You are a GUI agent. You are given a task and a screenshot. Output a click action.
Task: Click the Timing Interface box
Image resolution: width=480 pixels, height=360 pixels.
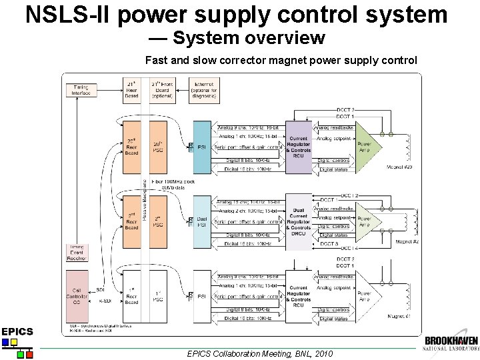pos(81,90)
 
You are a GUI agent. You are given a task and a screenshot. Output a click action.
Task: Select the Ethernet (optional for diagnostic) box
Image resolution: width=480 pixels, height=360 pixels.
pos(203,89)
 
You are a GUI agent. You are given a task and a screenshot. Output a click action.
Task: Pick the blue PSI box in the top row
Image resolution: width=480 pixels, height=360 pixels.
pos(202,147)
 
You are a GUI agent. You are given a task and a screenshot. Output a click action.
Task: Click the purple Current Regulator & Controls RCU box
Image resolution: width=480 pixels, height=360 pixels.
pos(298,147)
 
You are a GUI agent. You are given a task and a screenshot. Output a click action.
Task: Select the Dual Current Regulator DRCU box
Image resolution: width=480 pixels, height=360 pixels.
pos(298,220)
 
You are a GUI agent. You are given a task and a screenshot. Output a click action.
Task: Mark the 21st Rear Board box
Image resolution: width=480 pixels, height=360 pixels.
pos(131,89)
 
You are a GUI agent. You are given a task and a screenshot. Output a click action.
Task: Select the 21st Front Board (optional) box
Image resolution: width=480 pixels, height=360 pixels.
pos(162,89)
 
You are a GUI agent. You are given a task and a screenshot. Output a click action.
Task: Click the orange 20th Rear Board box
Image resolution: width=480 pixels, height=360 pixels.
pos(131,147)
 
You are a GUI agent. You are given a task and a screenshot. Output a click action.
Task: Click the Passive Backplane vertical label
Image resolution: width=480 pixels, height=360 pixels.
pos(145,200)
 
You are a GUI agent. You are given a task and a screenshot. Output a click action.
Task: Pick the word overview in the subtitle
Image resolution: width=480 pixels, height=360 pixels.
pos(279,38)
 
